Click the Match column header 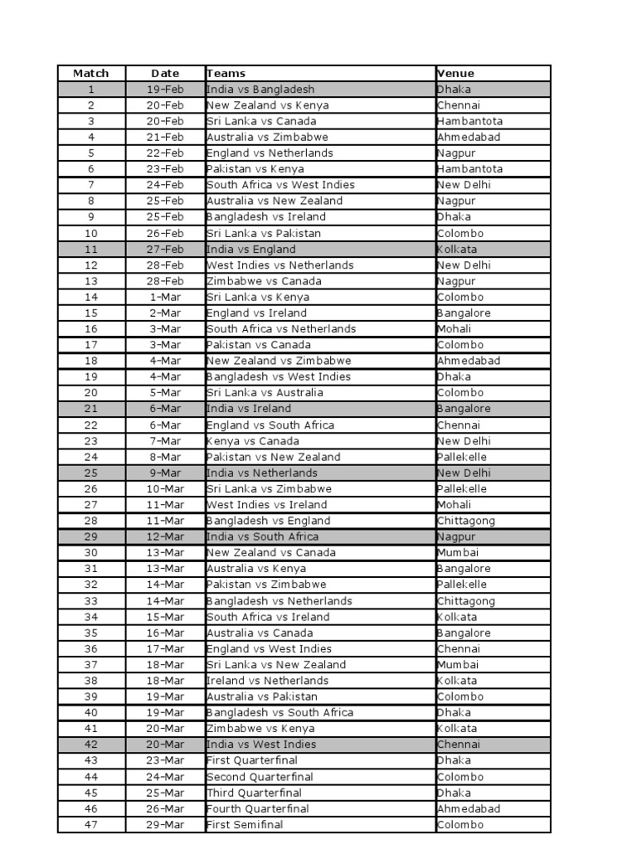[x=90, y=73]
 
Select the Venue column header [x=455, y=73]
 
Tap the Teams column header [x=226, y=73]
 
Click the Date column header [x=165, y=73]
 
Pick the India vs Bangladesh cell [x=260, y=90]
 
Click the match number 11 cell [x=90, y=249]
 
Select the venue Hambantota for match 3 [x=469, y=121]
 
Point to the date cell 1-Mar [x=165, y=297]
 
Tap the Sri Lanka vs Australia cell [x=266, y=393]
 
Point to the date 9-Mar [x=165, y=473]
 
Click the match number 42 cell [x=90, y=745]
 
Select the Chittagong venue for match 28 [x=465, y=521]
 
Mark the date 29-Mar [x=165, y=825]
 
